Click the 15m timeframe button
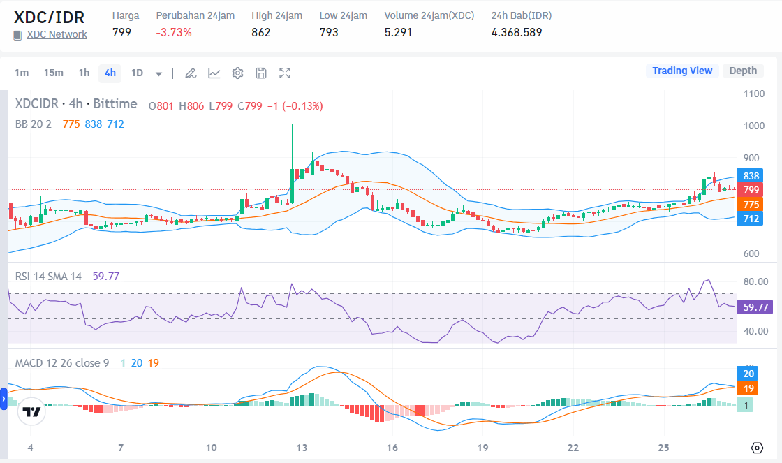[x=53, y=73]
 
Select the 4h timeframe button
[x=110, y=73]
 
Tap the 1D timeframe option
[x=137, y=73]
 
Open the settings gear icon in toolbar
[x=237, y=73]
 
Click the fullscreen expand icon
[x=285, y=73]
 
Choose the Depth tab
[x=743, y=71]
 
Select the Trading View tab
[x=682, y=71]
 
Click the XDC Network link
[x=57, y=34]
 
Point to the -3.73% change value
[x=174, y=32]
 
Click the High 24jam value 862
[x=261, y=32]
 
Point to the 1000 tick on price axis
[x=754, y=126]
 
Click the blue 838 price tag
[x=751, y=176]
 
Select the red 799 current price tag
[x=751, y=190]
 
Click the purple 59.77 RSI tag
[x=756, y=307]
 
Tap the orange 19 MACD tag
[x=748, y=388]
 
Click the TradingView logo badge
[x=31, y=412]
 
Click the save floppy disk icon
[x=261, y=73]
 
